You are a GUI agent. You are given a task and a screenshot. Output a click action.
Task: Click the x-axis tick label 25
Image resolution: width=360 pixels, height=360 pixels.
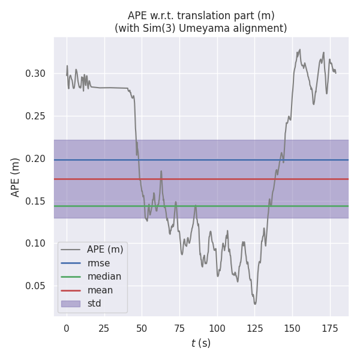[x=104, y=328]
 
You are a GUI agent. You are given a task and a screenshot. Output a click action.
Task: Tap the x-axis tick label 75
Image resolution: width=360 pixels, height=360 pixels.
[x=179, y=328]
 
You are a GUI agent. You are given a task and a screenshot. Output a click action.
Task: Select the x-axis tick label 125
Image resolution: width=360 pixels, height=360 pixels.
[x=254, y=328]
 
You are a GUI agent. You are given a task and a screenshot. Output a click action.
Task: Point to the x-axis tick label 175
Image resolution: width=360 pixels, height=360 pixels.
[x=330, y=328]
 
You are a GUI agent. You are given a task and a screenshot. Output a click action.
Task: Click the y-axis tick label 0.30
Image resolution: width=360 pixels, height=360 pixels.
[x=35, y=74]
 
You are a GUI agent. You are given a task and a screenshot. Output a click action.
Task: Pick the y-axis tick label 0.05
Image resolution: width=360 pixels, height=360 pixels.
[x=35, y=286]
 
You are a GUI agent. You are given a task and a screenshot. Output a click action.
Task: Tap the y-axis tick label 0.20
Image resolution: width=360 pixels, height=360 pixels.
[x=35, y=158]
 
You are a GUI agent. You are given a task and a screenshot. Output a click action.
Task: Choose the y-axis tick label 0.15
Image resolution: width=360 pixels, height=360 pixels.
[x=35, y=201]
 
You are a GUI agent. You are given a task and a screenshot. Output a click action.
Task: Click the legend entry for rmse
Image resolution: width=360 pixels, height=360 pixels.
[x=98, y=263]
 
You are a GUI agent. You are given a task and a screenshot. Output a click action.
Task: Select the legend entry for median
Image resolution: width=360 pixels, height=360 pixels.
[x=104, y=277]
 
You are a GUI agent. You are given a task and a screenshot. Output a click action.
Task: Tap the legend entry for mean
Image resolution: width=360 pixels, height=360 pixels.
[x=100, y=290]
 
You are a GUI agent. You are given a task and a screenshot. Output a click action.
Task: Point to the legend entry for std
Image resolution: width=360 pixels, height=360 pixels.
[x=94, y=304]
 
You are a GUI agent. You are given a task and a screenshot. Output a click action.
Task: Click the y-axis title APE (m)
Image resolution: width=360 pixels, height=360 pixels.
[x=16, y=177]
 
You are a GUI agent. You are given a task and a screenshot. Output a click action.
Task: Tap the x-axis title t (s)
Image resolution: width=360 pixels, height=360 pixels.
[x=201, y=344]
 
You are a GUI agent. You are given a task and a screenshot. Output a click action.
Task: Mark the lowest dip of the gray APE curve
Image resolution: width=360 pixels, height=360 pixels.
[x=255, y=304]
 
